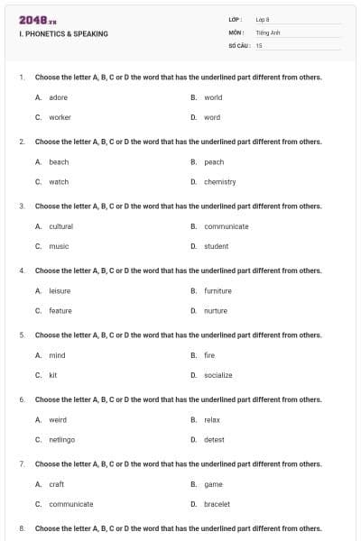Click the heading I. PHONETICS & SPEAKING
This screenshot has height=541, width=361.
pyautogui.click(x=63, y=33)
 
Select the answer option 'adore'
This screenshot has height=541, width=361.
pyautogui.click(x=58, y=97)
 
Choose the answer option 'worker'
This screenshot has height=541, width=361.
pyautogui.click(x=60, y=117)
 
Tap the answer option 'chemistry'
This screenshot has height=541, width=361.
pyautogui.click(x=219, y=181)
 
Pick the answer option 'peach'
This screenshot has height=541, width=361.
pyautogui.click(x=214, y=162)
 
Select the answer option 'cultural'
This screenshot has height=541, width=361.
pyautogui.click(x=60, y=226)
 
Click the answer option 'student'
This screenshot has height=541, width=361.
pyautogui.click(x=216, y=246)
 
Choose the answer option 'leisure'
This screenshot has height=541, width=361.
pyautogui.click(x=60, y=291)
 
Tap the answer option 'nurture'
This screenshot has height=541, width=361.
pyautogui.click(x=216, y=311)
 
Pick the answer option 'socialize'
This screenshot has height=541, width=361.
pyautogui.click(x=218, y=375)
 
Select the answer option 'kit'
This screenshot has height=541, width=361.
pyautogui.click(x=53, y=375)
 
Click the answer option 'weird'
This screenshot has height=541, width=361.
pyautogui.click(x=58, y=420)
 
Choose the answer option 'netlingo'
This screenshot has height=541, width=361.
pyautogui.click(x=61, y=440)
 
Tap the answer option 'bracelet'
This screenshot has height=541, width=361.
pyautogui.click(x=217, y=504)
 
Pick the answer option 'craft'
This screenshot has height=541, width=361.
pyautogui.click(x=56, y=484)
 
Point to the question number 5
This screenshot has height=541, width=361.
pyautogui.click(x=21, y=335)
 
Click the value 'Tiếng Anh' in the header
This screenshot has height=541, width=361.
pyautogui.click(x=268, y=32)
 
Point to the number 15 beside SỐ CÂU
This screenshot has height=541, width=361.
pyautogui.click(x=259, y=44)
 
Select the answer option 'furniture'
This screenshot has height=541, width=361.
pyautogui.click(x=218, y=291)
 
